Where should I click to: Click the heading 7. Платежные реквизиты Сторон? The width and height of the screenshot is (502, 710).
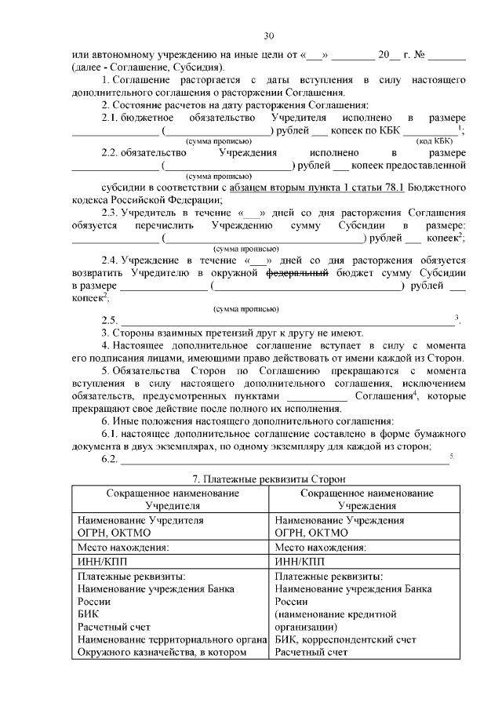coord(269,479)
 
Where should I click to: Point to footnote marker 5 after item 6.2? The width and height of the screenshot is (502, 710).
coord(452,456)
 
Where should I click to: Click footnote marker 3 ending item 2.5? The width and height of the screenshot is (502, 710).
coord(457,317)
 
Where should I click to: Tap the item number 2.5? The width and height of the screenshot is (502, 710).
coord(109,320)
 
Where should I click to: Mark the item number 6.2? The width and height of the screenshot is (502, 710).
coord(109,459)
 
